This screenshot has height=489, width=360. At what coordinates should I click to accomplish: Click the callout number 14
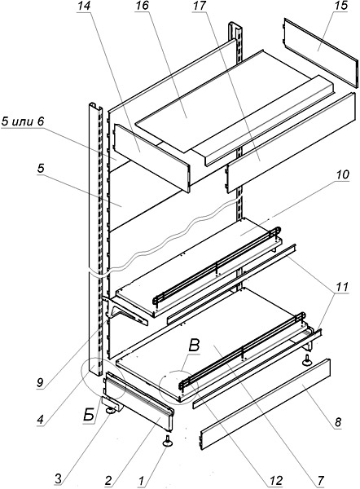point(84,7)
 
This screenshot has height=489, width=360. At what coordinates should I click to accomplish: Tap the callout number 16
point(142,7)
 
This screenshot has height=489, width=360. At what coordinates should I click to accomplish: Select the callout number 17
point(200,7)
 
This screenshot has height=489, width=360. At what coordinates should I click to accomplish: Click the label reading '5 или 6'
point(22,121)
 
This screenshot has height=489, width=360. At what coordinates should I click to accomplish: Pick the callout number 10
point(342,174)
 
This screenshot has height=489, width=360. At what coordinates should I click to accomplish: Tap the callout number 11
point(341,287)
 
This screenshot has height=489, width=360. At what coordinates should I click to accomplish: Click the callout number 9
point(40,383)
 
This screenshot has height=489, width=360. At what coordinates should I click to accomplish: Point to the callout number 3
point(59,478)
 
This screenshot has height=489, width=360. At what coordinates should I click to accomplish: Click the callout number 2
point(108,481)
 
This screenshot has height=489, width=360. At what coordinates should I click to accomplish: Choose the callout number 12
point(275,481)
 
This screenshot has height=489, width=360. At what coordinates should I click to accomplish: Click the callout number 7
point(321,480)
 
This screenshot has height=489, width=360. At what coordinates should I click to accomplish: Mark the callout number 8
point(337,422)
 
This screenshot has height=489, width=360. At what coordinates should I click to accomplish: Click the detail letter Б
point(89,415)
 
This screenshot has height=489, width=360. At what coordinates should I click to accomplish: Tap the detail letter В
point(194,346)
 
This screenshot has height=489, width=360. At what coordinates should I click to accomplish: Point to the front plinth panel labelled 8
point(266,405)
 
